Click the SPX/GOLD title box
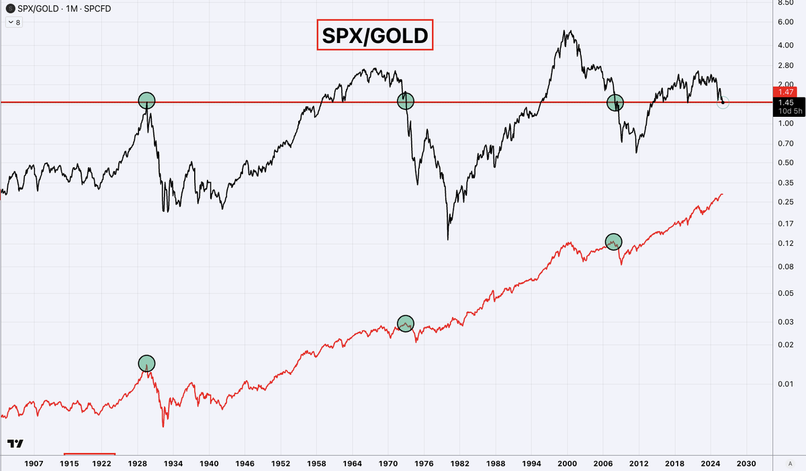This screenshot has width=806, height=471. (375, 36)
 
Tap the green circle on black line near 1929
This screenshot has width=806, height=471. (147, 101)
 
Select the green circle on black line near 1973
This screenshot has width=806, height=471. (405, 101)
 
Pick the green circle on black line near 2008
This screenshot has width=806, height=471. (615, 103)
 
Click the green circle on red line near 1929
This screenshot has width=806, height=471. (147, 363)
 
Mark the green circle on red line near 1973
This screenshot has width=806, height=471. (405, 323)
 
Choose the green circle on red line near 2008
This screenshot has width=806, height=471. (613, 242)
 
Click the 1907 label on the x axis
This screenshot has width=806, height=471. (34, 464)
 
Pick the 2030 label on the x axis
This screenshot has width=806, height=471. (746, 464)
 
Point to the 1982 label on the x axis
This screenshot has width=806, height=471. (460, 464)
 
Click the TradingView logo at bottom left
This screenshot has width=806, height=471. (15, 444)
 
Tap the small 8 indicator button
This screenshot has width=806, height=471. (15, 22)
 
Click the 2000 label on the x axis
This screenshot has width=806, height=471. (568, 464)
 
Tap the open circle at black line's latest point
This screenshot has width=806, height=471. (723, 103)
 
